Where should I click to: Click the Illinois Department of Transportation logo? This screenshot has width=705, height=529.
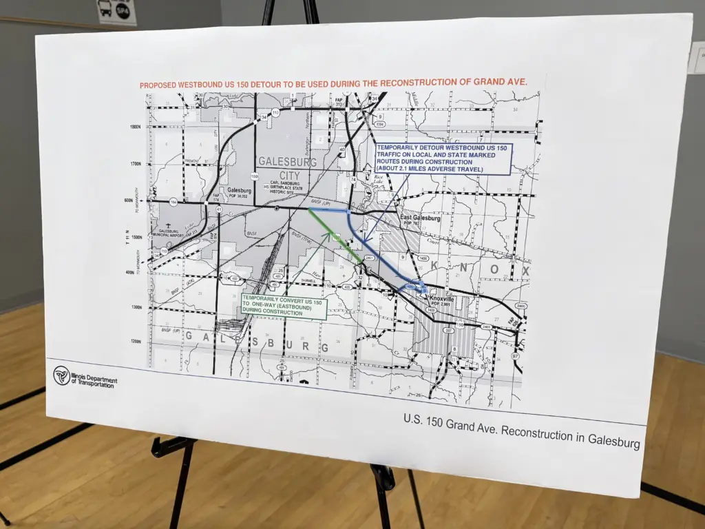[61, 375]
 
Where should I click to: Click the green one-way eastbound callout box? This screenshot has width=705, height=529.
[284, 307]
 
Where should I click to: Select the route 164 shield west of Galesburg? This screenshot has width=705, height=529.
[173, 203]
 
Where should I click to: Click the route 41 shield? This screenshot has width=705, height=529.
[218, 209]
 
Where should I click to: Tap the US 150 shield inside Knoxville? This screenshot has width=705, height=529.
[460, 324]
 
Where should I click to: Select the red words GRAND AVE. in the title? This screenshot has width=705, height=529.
[500, 81]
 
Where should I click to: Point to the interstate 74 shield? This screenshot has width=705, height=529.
[353, 179]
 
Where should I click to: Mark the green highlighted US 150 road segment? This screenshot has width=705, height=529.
[335, 236]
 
